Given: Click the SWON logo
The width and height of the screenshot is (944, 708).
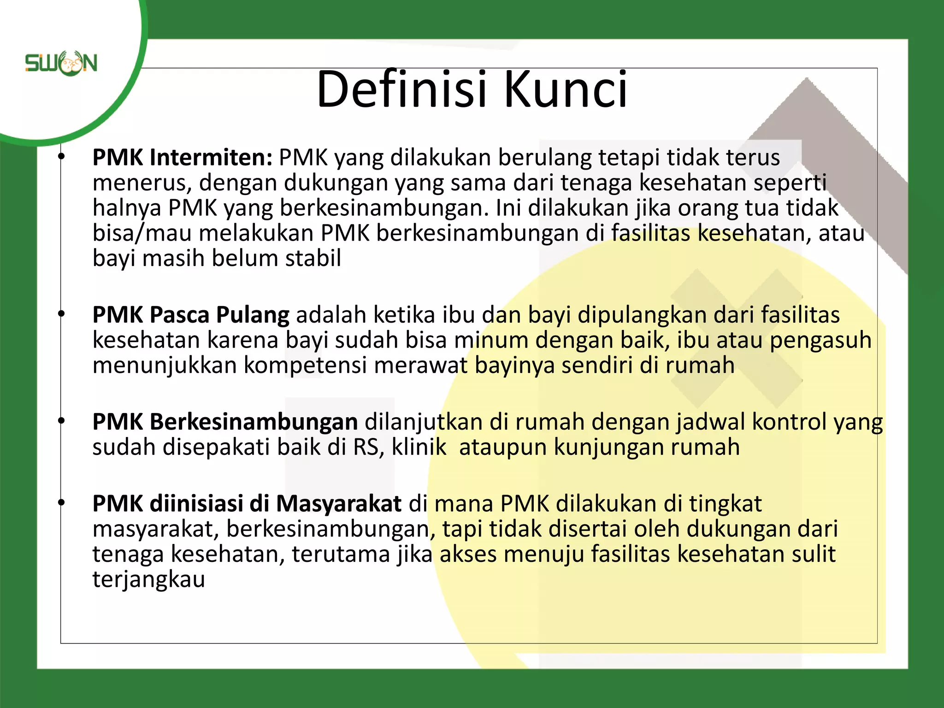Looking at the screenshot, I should click(x=61, y=63).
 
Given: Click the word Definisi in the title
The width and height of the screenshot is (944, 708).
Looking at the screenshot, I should click(x=401, y=89).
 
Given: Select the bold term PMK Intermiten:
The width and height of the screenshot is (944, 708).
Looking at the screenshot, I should click(x=183, y=158).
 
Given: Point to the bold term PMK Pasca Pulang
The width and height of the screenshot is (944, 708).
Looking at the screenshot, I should click(x=191, y=315).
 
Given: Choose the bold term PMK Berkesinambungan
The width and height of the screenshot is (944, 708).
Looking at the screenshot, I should click(x=225, y=422).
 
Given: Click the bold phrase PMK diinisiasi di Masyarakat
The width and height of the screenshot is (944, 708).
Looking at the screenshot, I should click(x=247, y=504).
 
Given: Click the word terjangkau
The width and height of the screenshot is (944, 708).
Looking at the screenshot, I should click(x=148, y=579).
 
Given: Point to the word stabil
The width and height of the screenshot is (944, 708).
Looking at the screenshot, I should click(x=313, y=258).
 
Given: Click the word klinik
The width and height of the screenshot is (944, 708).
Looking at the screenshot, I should click(x=419, y=447).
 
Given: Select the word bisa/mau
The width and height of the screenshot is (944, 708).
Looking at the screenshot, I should click(x=142, y=233).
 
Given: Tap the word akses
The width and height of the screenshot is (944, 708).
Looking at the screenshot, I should click(x=468, y=555).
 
